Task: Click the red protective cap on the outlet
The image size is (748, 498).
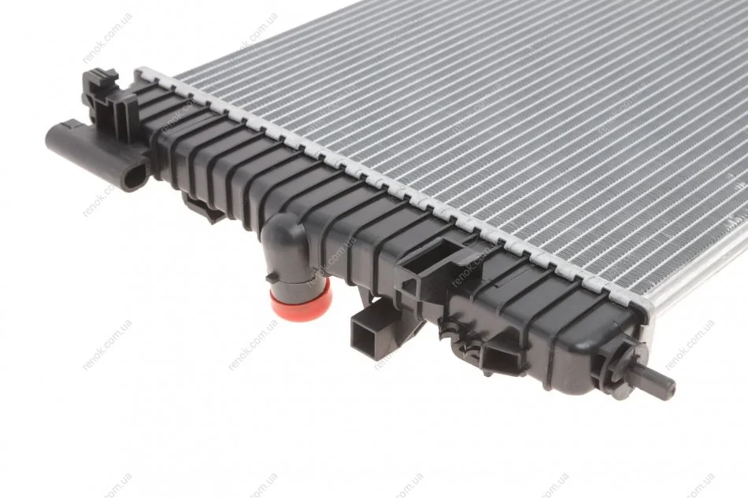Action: [x=301, y=300]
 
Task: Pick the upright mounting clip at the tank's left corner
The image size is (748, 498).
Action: [x=109, y=103]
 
